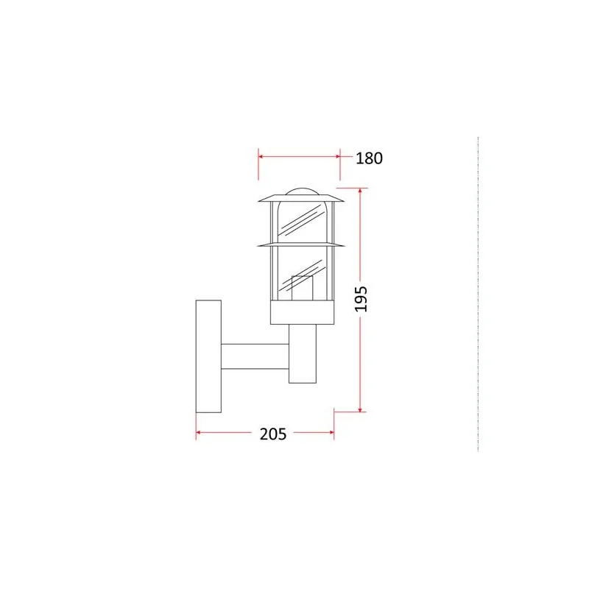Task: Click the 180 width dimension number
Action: [x=369, y=158]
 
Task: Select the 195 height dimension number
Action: [x=361, y=299]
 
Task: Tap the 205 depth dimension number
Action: [x=273, y=434]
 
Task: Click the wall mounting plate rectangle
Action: [x=208, y=356]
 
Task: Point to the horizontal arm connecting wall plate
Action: [x=255, y=356]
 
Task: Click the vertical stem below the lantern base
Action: [x=303, y=353]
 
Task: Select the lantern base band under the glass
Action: [x=303, y=312]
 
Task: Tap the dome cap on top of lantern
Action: [x=301, y=191]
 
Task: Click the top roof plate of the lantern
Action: [x=301, y=198]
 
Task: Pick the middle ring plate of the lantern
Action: [x=301, y=245]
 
